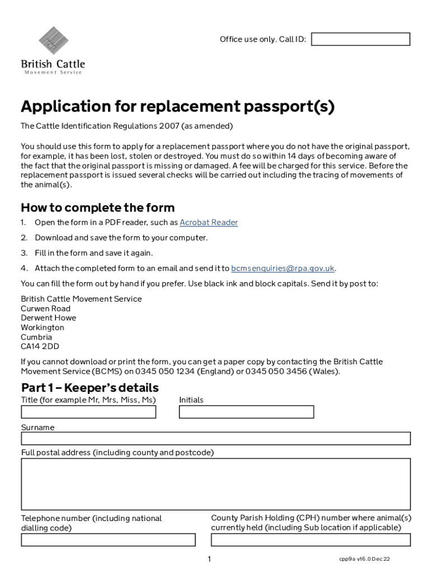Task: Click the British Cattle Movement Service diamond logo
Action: [53, 41]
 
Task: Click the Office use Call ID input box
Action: [360, 39]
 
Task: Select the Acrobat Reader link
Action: [208, 223]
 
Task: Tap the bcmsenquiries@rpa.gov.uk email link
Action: [283, 268]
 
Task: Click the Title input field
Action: [88, 412]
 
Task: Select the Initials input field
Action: [246, 412]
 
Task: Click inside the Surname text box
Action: [215, 438]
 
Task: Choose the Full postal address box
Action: [215, 484]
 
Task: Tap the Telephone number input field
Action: [108, 540]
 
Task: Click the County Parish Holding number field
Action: [311, 540]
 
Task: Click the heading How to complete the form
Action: [97, 208]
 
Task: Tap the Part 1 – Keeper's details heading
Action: [90, 388]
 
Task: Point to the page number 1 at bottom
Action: [209, 559]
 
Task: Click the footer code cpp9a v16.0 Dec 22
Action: [364, 559]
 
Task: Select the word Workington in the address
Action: [43, 327]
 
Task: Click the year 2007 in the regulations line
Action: [169, 125]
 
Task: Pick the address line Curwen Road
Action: [46, 308]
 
